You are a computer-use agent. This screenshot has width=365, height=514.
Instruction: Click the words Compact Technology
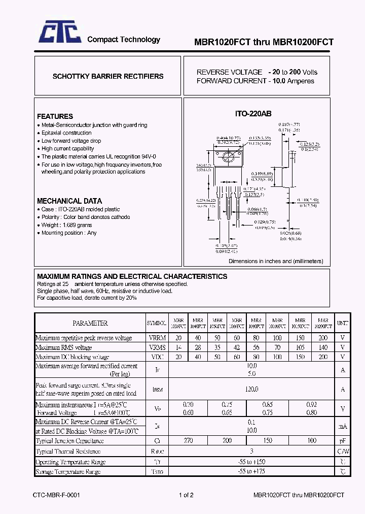point(124,40)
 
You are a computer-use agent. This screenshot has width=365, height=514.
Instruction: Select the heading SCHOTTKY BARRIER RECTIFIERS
point(108,76)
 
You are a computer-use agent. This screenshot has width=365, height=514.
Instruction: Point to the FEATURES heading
point(55,116)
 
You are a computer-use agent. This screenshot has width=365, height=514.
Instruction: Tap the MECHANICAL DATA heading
point(69,201)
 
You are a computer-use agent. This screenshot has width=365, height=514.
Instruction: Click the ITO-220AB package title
point(253,114)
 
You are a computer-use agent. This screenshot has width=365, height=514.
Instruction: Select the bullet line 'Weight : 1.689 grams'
point(66,225)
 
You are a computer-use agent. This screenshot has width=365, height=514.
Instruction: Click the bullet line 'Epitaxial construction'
point(66,133)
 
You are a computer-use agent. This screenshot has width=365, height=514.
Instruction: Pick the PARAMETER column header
point(90,323)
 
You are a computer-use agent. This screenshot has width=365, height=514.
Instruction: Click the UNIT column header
point(343,323)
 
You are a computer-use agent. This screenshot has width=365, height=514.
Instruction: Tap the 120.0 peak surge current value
point(251,389)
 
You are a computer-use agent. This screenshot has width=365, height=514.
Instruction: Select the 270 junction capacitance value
point(189,440)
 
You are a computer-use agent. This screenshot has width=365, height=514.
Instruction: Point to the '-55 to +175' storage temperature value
point(251,472)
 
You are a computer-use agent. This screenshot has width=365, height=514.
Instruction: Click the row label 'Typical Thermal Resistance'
point(68,452)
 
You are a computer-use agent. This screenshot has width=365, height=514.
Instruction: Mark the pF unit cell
point(343,440)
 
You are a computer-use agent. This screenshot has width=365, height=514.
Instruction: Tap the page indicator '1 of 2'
point(186,495)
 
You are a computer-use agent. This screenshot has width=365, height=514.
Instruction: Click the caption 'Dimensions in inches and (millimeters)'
point(276,261)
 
